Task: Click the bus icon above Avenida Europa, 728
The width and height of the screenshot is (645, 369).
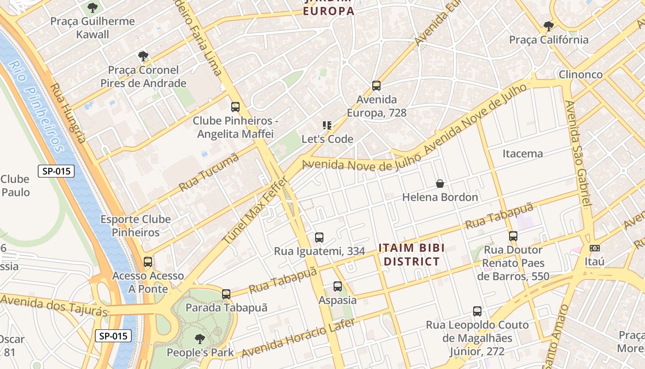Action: click(x=376, y=85)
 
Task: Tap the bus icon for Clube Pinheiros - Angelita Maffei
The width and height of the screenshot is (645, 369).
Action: click(x=235, y=107)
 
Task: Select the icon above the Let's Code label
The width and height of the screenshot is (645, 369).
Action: click(x=327, y=125)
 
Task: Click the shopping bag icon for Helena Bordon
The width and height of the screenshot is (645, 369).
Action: click(x=440, y=184)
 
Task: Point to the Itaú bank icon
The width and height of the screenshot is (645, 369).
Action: click(x=595, y=248)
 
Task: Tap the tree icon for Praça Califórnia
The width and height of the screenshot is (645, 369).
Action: click(x=548, y=26)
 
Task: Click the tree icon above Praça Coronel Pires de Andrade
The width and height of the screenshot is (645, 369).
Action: click(x=143, y=56)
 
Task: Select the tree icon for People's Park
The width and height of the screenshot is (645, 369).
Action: click(x=200, y=339)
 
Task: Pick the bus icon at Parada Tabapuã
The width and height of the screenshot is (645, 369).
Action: click(x=226, y=294)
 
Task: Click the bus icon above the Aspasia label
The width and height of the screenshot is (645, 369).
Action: click(x=338, y=286)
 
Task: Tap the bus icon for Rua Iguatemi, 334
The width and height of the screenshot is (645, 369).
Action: click(x=319, y=238)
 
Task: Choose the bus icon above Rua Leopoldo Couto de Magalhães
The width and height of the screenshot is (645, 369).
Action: click(x=477, y=311)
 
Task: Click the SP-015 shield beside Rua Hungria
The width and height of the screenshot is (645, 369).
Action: click(x=56, y=171)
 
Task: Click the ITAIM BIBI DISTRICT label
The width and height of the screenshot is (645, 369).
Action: click(x=411, y=255)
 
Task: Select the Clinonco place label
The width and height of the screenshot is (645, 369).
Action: click(x=580, y=74)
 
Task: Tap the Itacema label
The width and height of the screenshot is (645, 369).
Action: click(x=522, y=154)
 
